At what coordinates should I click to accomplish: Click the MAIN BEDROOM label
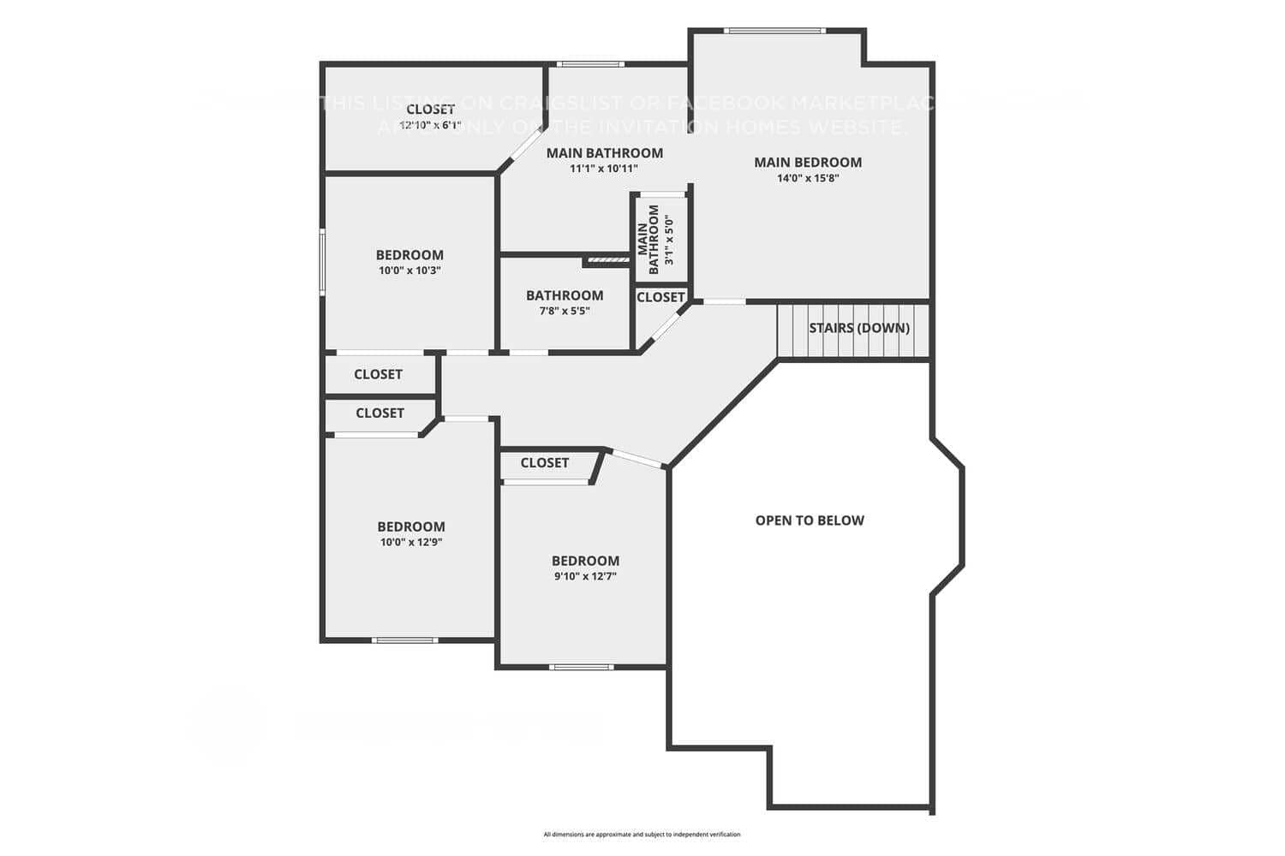[x=808, y=162]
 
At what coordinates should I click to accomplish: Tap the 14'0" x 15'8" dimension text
[x=808, y=179]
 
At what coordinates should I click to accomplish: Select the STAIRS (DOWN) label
[x=859, y=328]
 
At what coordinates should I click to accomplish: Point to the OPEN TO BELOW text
[x=810, y=520]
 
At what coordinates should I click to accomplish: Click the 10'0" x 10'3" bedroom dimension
[x=409, y=270]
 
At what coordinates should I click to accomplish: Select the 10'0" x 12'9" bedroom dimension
[x=411, y=543]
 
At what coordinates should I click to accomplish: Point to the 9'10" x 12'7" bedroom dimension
[x=585, y=577]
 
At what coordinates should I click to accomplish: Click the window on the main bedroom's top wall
[x=774, y=32]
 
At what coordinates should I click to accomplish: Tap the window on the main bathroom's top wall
[x=590, y=64]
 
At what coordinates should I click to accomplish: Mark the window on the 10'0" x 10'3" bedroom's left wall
[x=323, y=261]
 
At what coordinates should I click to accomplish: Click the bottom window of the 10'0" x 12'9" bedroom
[x=405, y=640]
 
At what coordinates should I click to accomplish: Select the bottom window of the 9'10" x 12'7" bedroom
[x=582, y=667]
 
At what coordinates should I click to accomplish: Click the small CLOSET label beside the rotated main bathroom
[x=660, y=297]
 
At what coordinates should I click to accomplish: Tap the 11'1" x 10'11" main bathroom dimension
[x=604, y=169]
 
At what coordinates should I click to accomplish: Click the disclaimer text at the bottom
[x=642, y=834]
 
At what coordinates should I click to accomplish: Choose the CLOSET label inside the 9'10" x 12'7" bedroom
[x=545, y=463]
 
